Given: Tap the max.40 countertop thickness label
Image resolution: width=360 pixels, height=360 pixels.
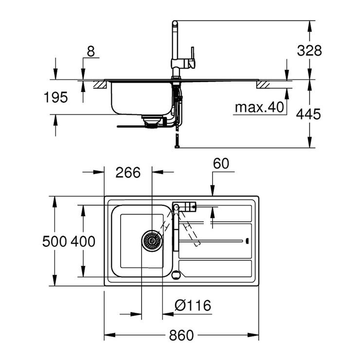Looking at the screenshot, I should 259,107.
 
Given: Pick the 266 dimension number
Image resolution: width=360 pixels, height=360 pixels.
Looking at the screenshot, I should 128,172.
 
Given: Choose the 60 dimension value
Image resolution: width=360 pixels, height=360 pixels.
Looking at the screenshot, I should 220,163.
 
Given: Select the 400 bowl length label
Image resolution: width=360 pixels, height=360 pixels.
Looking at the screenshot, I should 83,241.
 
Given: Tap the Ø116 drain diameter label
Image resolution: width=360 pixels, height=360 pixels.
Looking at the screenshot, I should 193,306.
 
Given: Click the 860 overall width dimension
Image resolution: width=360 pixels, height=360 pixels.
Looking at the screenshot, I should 181,335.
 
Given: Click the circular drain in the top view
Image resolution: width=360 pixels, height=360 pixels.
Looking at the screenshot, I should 152,240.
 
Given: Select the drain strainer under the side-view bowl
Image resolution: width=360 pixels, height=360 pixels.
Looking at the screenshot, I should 151,120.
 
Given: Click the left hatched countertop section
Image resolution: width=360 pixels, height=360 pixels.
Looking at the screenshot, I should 100,84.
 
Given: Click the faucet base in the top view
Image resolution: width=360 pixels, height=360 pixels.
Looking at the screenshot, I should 176,207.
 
